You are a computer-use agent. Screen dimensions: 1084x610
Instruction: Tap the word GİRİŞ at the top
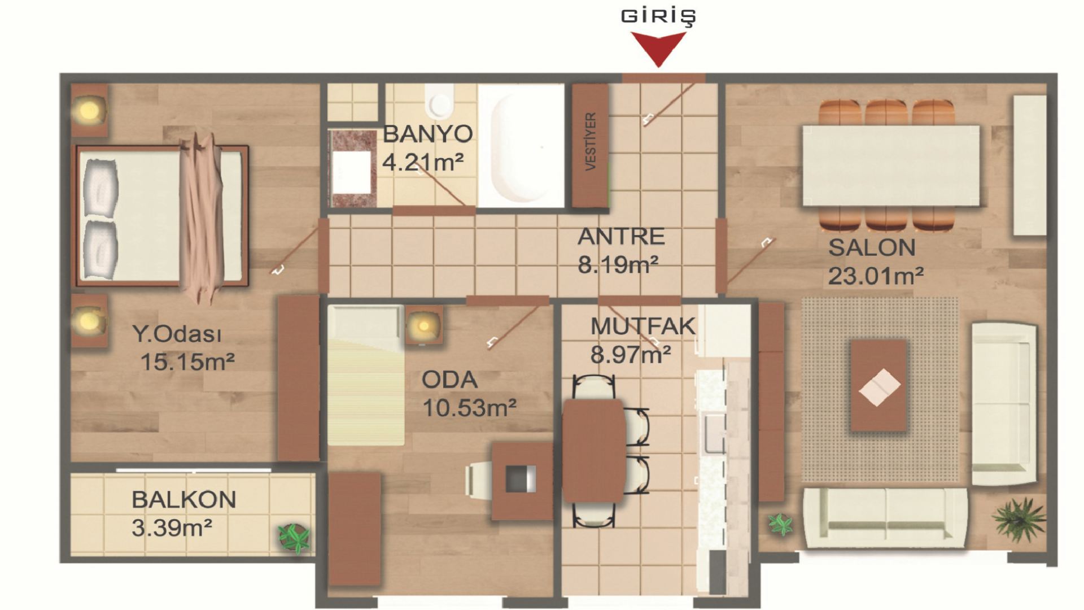[658, 16]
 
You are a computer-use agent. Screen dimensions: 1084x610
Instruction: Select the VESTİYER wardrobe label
[591, 141]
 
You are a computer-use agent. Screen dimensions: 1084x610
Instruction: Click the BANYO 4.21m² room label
[427, 148]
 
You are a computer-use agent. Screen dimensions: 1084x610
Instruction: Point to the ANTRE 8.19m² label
[620, 250]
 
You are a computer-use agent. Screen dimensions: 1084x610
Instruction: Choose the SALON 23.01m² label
[876, 262]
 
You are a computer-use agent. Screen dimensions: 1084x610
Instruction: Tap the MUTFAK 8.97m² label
[642, 341]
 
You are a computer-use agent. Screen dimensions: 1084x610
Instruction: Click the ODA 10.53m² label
[469, 394]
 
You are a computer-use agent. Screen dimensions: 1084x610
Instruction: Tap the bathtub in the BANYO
[521, 146]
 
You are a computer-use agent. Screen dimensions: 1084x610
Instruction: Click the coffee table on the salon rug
[879, 386]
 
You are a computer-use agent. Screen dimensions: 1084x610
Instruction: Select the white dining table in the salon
[891, 165]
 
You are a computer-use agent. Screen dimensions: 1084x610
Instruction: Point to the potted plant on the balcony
[294, 538]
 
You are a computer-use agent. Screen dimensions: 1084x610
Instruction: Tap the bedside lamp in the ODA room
[423, 326]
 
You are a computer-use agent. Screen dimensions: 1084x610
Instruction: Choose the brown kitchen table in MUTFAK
[594, 450]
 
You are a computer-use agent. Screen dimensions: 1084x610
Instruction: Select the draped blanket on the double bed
[200, 217]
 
